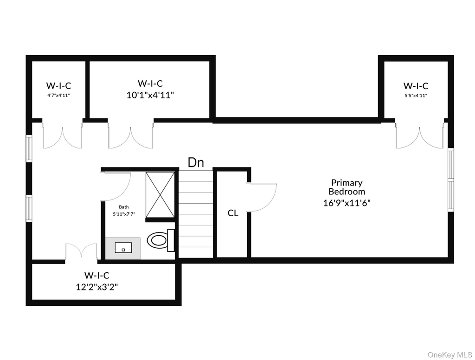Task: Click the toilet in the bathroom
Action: pos(160,240)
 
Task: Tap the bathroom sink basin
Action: pos(123,248)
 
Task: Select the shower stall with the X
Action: pos(160,195)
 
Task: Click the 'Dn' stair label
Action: pos(196,162)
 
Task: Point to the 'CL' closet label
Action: pos(233,213)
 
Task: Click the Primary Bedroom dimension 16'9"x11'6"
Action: pos(347,203)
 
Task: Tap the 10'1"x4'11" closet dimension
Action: pos(150,95)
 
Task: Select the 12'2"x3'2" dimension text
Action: pos(97,287)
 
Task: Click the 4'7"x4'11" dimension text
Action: pos(59,95)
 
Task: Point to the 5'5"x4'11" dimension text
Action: pos(416,96)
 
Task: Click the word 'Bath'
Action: pos(123,207)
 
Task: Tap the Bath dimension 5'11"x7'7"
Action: pos(124,214)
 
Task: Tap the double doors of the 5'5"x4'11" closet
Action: pos(419,136)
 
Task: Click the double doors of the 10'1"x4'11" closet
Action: pos(130,136)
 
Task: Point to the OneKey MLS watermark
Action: pos(450,354)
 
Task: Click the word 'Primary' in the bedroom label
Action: pos(347,183)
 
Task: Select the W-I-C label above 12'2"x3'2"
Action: pos(97,275)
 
